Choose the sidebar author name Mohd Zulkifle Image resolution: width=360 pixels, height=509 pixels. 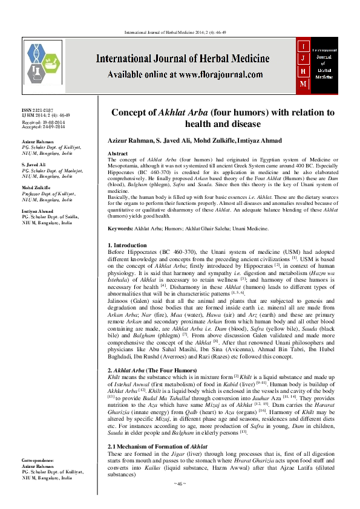(36, 187)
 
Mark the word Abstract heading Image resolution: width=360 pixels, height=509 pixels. (117, 154)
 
